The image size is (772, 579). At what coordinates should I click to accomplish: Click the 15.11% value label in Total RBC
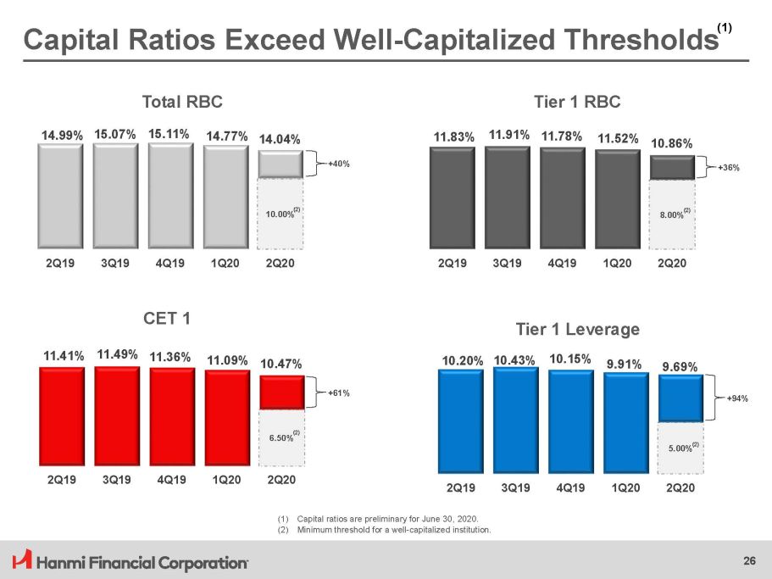pos(169,134)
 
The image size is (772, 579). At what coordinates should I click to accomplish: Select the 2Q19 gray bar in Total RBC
pos(60,196)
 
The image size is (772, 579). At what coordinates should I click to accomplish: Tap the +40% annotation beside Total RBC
pos(339,164)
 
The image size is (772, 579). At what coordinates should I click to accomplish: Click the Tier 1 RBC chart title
pos(577,102)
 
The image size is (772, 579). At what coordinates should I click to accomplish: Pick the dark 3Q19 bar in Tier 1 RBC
pos(508,197)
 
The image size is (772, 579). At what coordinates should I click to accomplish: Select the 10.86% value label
pos(672,144)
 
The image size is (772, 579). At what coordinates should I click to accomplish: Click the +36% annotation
pos(729,167)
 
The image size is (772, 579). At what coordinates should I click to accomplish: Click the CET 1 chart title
pos(167,319)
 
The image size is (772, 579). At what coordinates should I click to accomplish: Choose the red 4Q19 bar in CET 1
pos(172,416)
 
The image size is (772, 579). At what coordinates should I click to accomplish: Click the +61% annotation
pos(339,392)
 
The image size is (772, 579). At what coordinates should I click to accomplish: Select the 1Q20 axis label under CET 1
pos(226,480)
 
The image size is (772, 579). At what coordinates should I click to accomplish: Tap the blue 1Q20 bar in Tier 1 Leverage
pos(626,422)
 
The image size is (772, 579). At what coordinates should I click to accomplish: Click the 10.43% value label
pos(514,360)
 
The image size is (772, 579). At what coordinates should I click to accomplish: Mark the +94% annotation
pos(737,398)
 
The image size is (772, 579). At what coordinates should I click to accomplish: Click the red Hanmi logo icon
pos(22,560)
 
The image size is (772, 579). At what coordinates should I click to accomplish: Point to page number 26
pos(749,560)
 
